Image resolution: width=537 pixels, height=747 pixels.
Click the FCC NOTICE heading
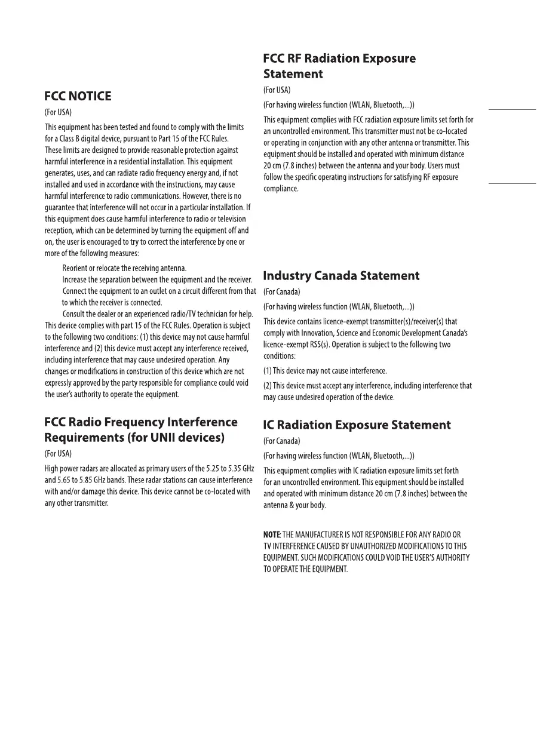point(78,96)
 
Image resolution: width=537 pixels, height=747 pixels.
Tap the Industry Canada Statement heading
point(341,276)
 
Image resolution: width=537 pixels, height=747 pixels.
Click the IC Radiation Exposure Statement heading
point(357,425)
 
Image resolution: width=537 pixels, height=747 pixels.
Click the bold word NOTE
point(272,534)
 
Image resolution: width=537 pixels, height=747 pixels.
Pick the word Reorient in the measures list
point(75,268)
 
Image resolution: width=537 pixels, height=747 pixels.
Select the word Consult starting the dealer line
point(74,314)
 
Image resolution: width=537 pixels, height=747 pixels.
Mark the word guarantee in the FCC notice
point(60,208)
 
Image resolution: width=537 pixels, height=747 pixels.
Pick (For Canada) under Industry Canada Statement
point(281,292)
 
